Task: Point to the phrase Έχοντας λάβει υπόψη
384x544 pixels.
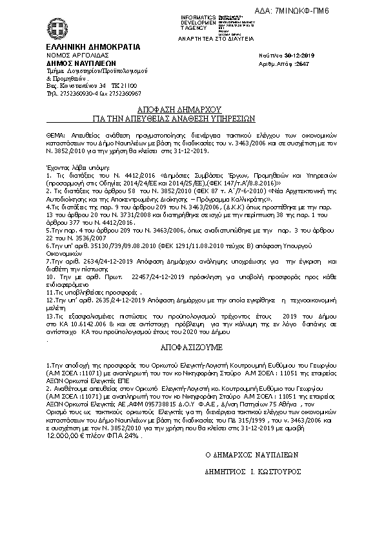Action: [x=74, y=167]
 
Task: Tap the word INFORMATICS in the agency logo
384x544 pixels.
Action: [x=199, y=16]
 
